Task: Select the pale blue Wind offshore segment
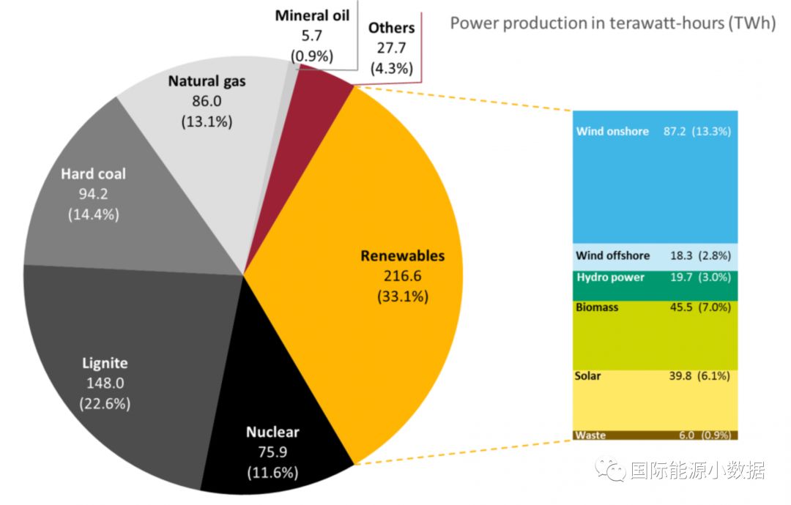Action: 656,256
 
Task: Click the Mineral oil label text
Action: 312,15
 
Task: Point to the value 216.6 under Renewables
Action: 402,277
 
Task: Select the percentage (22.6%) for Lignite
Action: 105,403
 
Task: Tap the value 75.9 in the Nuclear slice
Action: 272,452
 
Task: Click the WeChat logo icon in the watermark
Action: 610,469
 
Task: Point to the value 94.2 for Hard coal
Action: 93,195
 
